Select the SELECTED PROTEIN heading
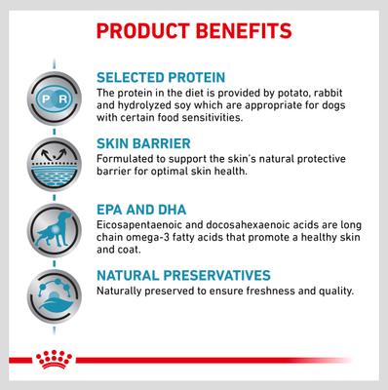(x=162, y=75)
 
